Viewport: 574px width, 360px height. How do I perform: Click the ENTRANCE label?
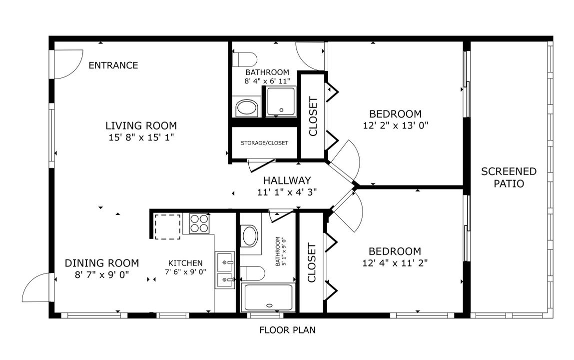[113, 65]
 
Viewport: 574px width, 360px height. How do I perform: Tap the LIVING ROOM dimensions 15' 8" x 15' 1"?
[141, 136]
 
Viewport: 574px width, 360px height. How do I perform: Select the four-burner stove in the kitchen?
[199, 223]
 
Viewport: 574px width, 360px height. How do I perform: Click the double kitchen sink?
[225, 270]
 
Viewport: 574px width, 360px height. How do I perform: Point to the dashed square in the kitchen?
[167, 226]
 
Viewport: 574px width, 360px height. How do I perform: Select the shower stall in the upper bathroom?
[280, 101]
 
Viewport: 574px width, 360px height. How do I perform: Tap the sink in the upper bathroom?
[246, 107]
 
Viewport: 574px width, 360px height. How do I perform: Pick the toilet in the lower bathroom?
[253, 273]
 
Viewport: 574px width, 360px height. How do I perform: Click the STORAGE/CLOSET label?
[264, 143]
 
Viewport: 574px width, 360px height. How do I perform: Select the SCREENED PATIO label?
[509, 177]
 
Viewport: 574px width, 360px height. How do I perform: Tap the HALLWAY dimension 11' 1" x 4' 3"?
[287, 191]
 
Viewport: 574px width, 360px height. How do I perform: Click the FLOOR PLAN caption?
[287, 330]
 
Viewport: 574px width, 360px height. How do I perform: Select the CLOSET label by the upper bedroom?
[313, 116]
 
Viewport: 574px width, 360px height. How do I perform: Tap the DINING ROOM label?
[102, 263]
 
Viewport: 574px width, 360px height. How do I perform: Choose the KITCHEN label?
[185, 263]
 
